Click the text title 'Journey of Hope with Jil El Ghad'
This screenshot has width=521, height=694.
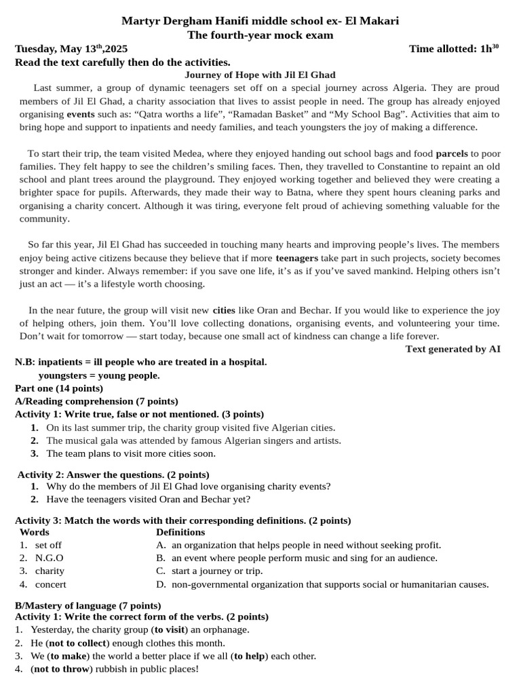(x=260, y=75)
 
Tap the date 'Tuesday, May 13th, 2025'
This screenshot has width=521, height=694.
(x=71, y=49)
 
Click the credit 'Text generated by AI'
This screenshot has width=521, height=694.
(x=452, y=349)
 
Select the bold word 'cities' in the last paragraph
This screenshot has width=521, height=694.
(x=224, y=310)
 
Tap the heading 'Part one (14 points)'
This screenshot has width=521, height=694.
(x=59, y=388)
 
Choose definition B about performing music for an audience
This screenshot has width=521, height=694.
(x=304, y=558)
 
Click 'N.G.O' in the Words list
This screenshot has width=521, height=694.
(x=49, y=558)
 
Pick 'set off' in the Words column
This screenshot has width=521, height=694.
(x=48, y=545)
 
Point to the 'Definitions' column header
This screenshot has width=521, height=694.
(x=180, y=532)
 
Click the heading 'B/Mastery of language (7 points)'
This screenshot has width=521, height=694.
(x=88, y=605)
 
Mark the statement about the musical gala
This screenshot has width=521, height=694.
(x=193, y=441)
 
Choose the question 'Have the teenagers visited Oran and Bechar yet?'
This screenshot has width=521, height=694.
(x=148, y=499)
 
